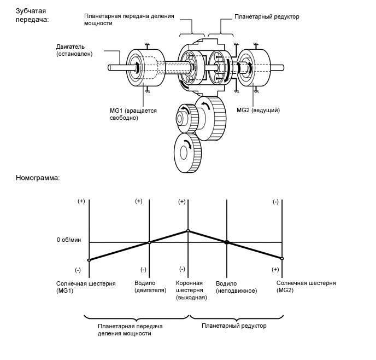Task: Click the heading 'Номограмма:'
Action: click(37, 178)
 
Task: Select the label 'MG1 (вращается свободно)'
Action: click(133, 114)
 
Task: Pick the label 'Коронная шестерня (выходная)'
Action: click(191, 290)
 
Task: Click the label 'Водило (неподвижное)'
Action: click(236, 287)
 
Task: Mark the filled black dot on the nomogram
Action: click(227, 242)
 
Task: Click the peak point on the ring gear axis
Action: click(188, 230)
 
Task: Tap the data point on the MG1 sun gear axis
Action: click(89, 259)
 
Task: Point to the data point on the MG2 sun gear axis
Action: click(283, 258)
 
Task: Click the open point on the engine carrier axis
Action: click(149, 242)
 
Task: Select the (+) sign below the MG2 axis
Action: click(275, 270)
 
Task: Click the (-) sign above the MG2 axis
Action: click(275, 202)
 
